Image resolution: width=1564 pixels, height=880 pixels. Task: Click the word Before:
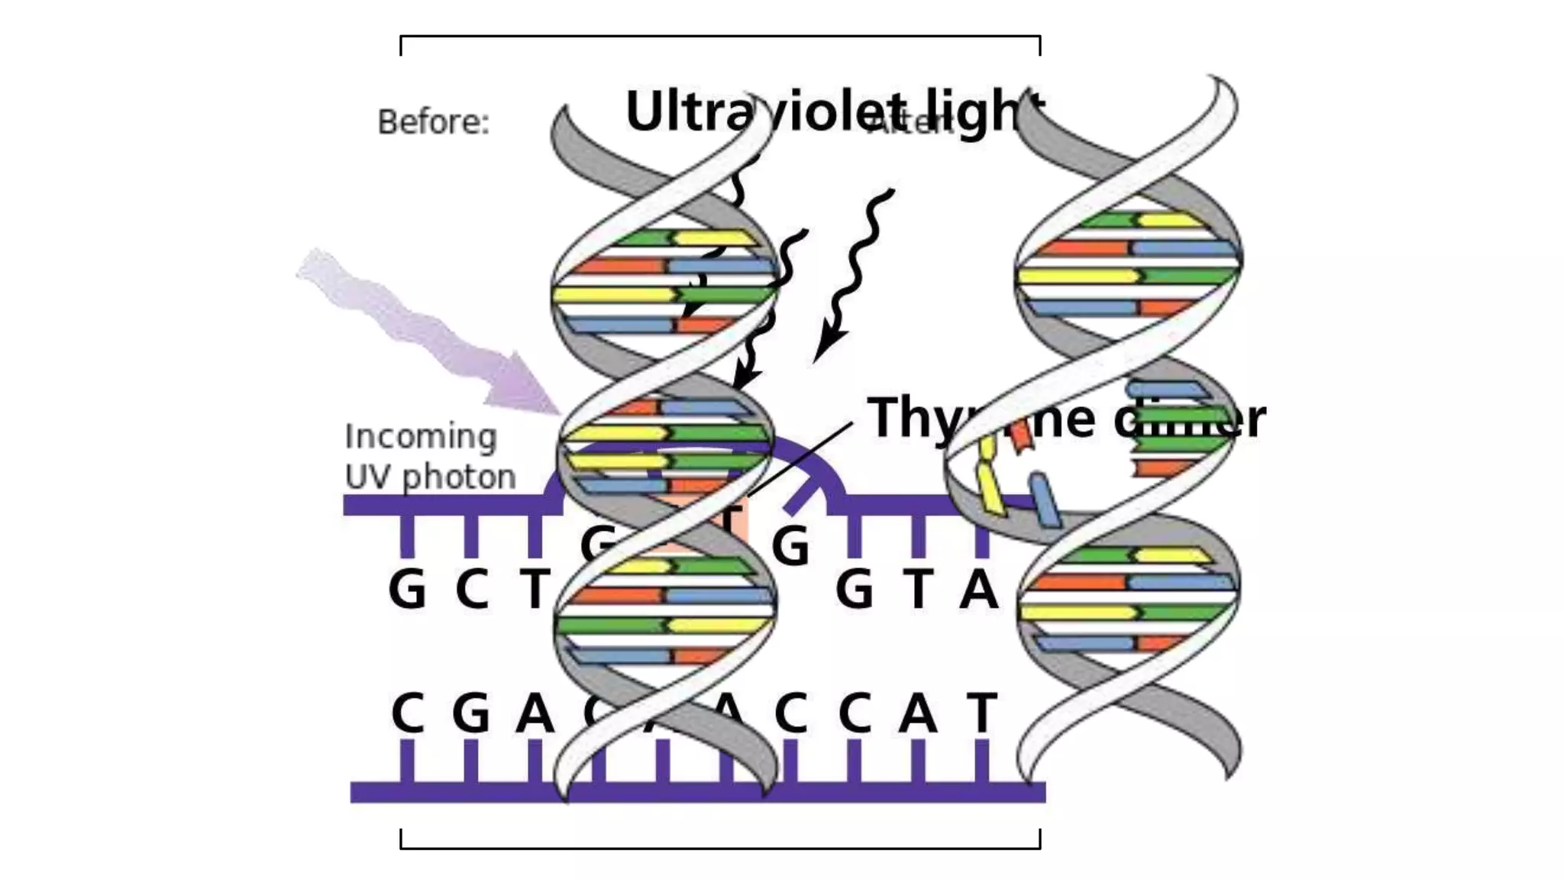(433, 122)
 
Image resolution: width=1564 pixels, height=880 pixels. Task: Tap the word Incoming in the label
(421, 437)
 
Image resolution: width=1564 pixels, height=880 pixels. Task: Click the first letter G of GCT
(407, 590)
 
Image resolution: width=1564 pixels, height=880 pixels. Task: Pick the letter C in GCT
(472, 590)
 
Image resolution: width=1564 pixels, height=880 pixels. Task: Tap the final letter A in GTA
(979, 590)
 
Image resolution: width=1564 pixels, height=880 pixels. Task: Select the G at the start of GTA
(854, 590)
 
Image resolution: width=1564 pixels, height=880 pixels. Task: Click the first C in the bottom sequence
(407, 713)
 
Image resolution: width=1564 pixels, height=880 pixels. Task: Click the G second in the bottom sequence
(471, 713)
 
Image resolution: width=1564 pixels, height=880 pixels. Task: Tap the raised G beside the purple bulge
(790, 545)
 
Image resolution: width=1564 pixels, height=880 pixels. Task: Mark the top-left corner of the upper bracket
(401, 36)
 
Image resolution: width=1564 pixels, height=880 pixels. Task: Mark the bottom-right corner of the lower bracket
(1039, 848)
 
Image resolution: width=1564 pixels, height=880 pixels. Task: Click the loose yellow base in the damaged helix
(990, 480)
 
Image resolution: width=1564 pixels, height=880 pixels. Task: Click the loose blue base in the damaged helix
(1045, 500)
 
